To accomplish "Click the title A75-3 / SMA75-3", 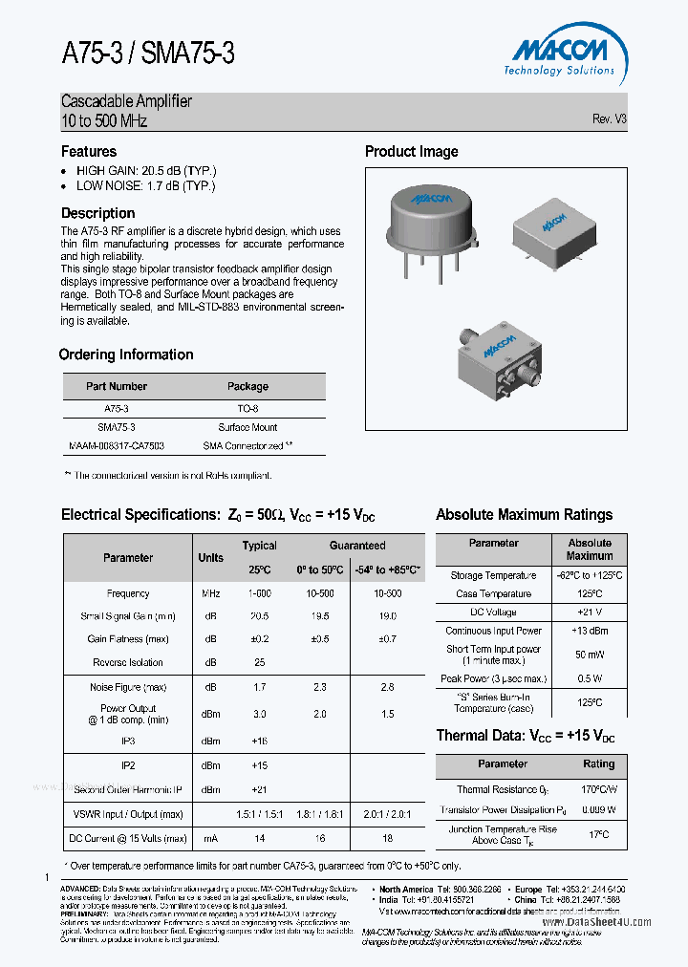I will point(148,54).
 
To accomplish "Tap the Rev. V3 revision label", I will point(609,119).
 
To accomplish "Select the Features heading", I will point(89,151).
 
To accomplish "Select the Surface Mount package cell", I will point(247,427).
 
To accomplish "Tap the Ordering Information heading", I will point(126,355).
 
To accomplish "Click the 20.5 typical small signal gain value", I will point(259,616).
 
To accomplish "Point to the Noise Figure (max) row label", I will point(128,687).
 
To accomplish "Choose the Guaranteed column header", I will point(357,546).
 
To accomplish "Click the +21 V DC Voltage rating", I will point(590,612).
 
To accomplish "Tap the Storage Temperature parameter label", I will point(493,576).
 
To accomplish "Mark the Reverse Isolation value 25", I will point(259,662).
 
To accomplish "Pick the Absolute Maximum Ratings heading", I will point(524,515).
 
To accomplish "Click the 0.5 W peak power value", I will point(590,678).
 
